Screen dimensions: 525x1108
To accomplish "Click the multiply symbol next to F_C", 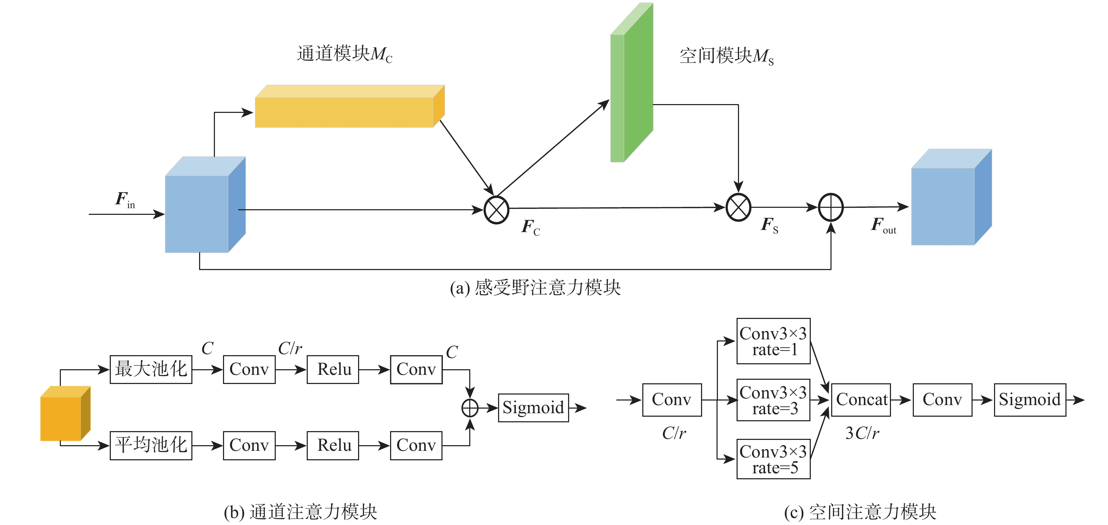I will point(496,210).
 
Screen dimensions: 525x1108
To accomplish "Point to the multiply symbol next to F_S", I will point(738,207).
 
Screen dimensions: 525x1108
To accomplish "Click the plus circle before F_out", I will point(830,207).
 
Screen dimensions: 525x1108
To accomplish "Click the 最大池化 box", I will point(151,369).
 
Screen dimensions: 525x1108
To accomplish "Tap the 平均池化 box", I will point(151,446).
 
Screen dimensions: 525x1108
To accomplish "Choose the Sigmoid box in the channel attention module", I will point(533,408).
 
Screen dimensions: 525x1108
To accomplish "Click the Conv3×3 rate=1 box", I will point(773,341).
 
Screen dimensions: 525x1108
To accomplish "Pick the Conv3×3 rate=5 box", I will point(773,459).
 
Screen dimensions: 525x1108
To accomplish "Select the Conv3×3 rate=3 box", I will point(773,400).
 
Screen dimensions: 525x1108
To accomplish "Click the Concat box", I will point(861,400).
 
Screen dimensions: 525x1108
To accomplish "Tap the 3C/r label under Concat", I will point(862,433).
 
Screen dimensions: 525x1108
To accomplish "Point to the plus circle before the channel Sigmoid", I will point(470,408).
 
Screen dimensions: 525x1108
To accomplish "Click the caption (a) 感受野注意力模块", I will point(535,288).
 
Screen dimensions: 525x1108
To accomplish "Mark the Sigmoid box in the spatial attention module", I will point(1030,400).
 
